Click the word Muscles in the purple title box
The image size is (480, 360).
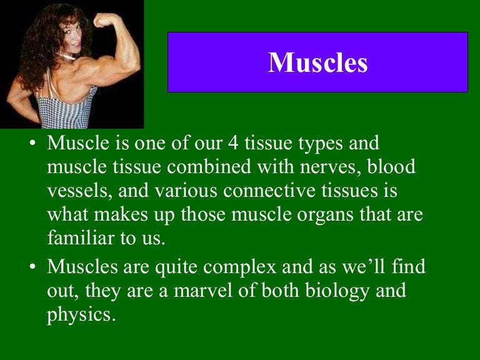tap(317, 62)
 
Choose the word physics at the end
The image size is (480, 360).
tap(81, 313)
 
